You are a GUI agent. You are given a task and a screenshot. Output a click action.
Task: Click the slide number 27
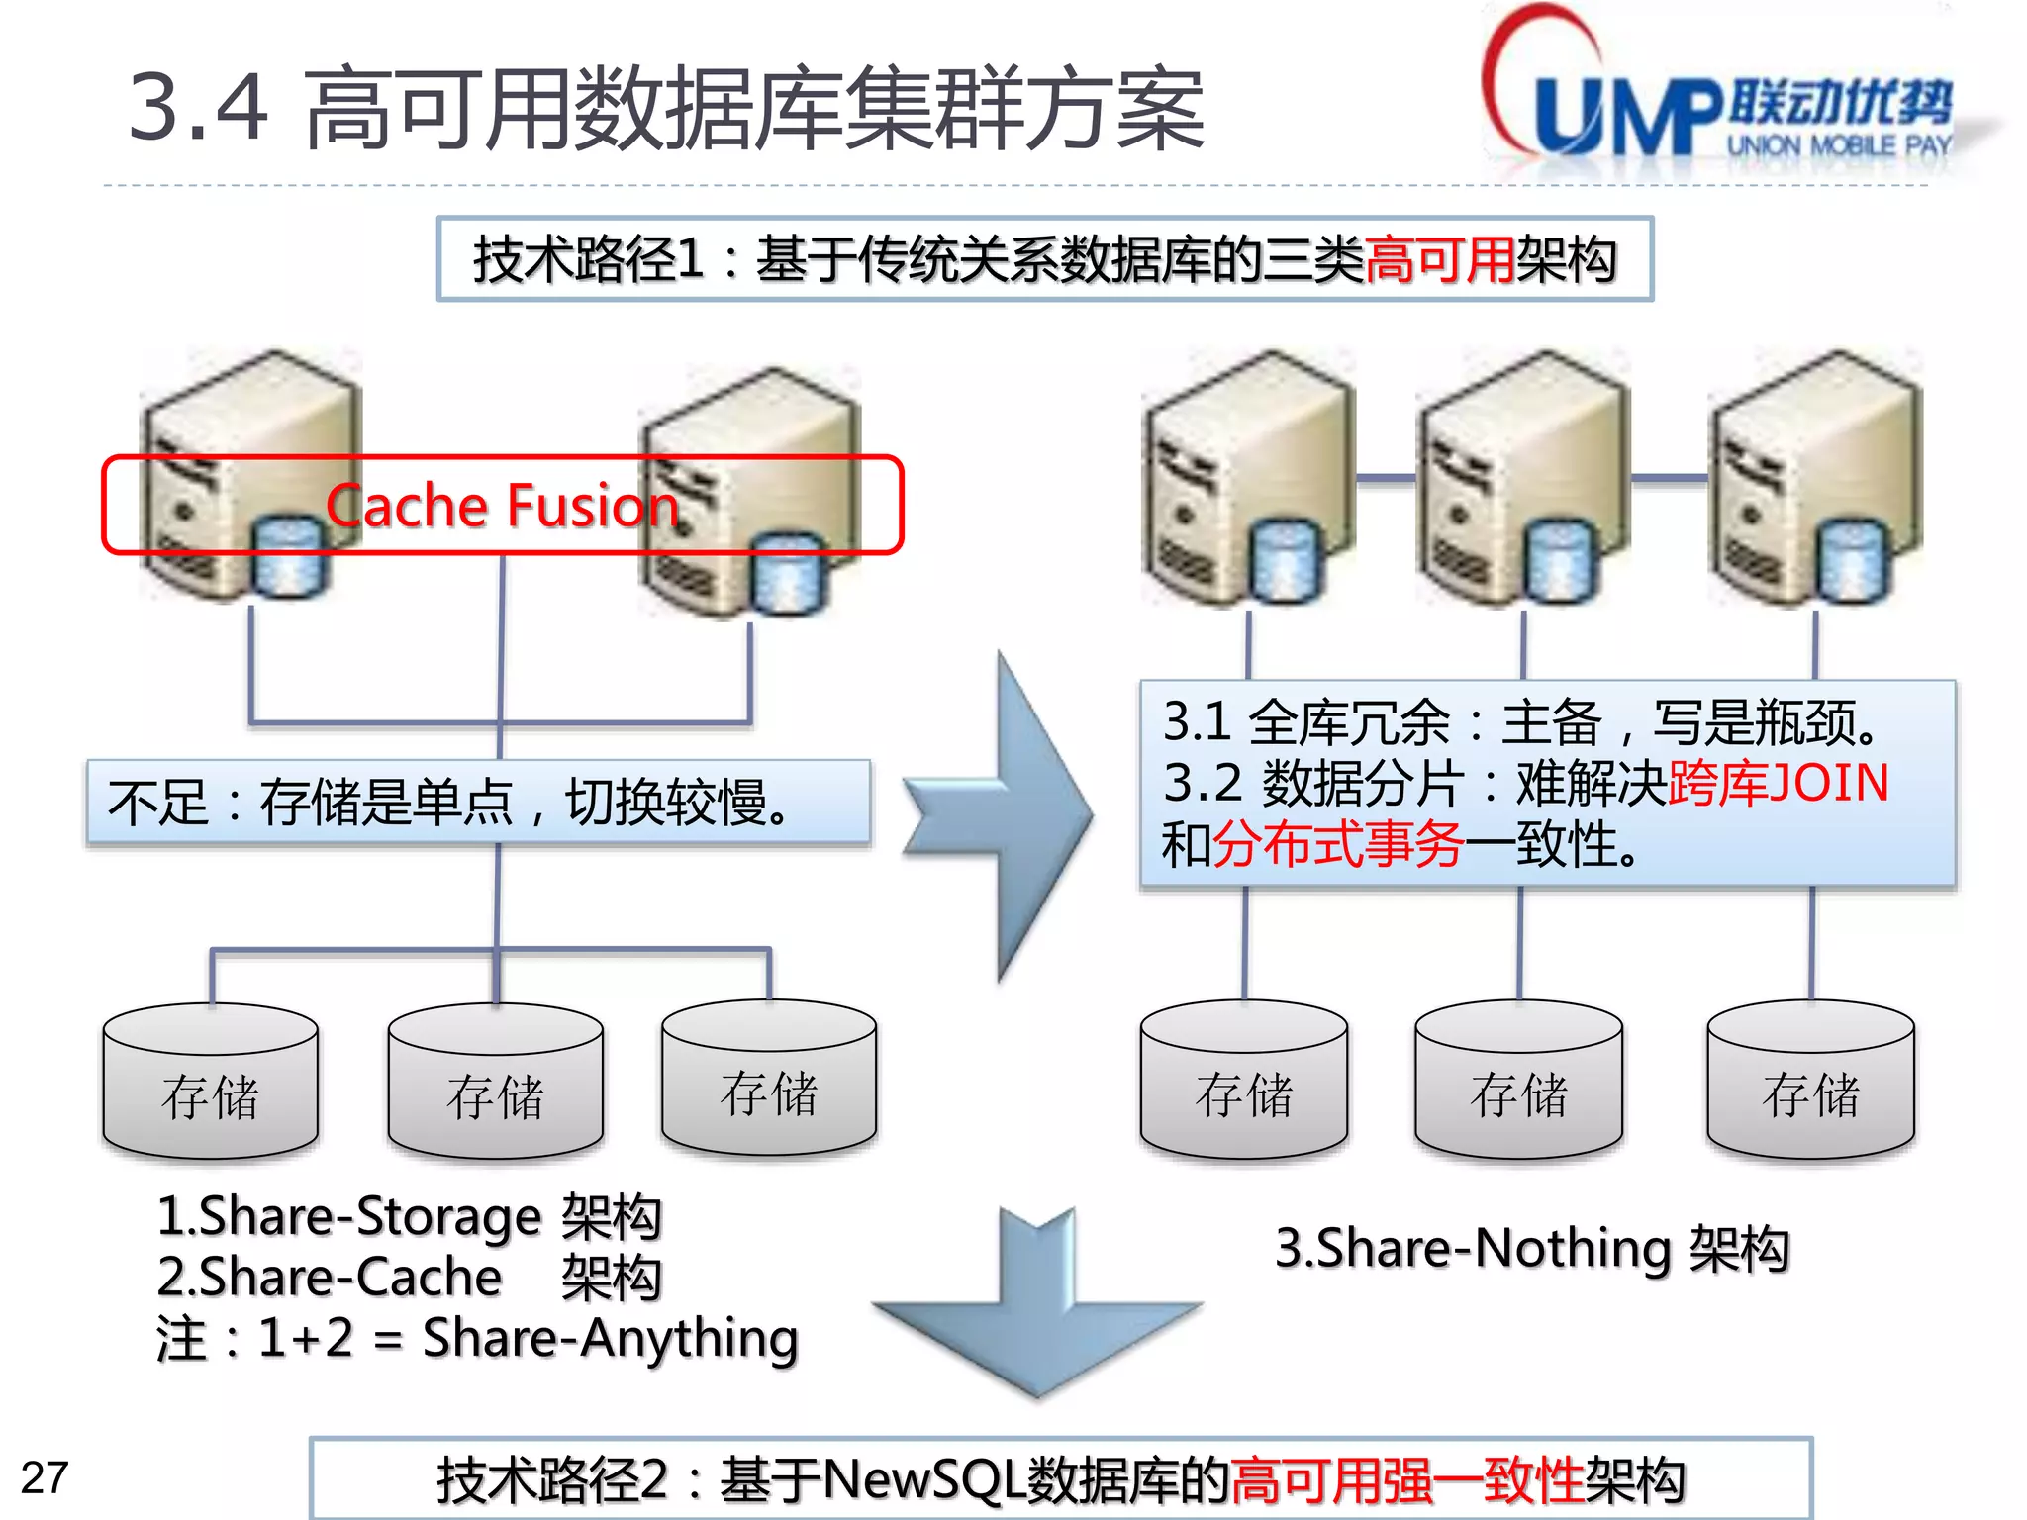tap(45, 1477)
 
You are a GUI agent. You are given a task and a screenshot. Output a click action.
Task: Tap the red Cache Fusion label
tap(502, 506)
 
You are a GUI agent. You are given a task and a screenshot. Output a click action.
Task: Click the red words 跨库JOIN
tap(1779, 783)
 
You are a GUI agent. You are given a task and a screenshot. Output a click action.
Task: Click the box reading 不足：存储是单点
tap(478, 802)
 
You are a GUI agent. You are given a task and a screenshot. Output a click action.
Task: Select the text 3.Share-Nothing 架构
tap(1531, 1248)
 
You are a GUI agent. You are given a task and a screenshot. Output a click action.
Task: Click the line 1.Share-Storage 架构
tap(409, 1216)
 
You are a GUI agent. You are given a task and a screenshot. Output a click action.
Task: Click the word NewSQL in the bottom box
tap(924, 1480)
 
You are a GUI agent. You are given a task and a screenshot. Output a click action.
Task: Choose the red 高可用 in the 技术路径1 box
tap(1440, 260)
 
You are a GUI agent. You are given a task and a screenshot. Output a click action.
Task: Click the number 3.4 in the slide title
tap(198, 107)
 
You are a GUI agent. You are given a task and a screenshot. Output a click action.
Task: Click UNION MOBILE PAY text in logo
tap(1839, 146)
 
